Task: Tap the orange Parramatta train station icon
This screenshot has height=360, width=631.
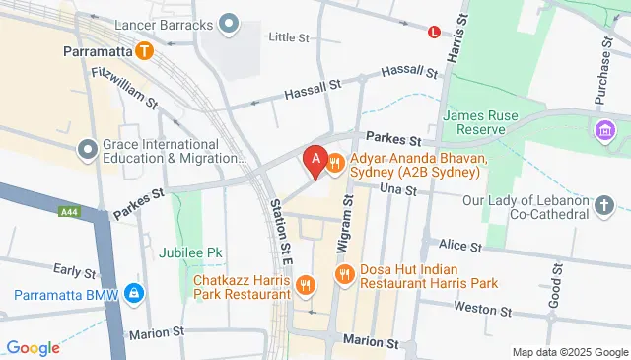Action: coord(145,50)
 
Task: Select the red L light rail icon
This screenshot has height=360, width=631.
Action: coord(434,33)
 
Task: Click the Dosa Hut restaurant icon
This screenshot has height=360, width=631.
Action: coord(344,275)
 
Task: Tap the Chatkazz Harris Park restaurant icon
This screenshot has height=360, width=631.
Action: coord(306,286)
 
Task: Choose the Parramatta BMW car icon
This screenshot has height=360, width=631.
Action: coord(134,294)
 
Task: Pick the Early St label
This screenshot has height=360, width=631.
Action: coord(73,269)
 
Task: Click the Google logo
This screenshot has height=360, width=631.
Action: coord(33,346)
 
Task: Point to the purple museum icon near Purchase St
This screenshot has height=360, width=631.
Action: coord(603,129)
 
